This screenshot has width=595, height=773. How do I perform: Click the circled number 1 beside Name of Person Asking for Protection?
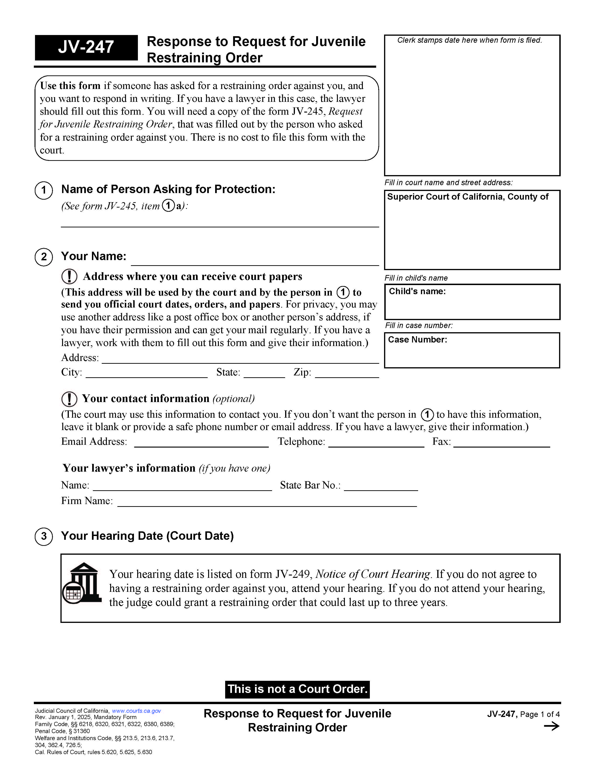44,191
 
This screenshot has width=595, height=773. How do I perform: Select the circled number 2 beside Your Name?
44,257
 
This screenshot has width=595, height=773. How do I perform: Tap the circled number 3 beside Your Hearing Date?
44,536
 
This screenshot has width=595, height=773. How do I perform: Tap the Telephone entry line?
376,444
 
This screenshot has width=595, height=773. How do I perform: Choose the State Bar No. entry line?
381,487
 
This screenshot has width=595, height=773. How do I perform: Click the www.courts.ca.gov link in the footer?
136,711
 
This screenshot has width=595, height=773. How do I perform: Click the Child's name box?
472,302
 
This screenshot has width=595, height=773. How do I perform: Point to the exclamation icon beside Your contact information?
69,399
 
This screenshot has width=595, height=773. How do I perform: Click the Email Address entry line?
201,444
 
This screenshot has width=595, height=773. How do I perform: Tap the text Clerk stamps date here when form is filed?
469,40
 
